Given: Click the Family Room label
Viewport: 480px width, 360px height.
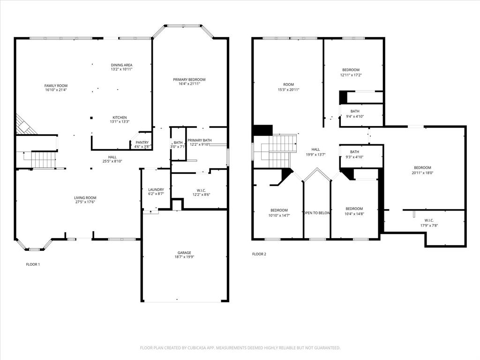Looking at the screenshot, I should pyautogui.click(x=56, y=86).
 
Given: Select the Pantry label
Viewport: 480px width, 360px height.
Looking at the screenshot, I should pyautogui.click(x=142, y=142).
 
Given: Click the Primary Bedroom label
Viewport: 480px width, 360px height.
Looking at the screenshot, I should pyautogui.click(x=189, y=80).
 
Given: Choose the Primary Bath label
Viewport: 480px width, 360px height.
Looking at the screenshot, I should pyautogui.click(x=200, y=140).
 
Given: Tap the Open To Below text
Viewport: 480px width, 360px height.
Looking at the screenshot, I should pyautogui.click(x=317, y=213).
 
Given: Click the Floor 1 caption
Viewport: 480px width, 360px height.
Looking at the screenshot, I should pyautogui.click(x=33, y=264).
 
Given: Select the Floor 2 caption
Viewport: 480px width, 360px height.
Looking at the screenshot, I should pyautogui.click(x=259, y=254).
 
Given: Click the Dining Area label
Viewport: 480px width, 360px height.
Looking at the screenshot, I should pyautogui.click(x=121, y=65).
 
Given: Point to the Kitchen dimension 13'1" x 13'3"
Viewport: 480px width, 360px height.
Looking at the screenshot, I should pyautogui.click(x=120, y=122).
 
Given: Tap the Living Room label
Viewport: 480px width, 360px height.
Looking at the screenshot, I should pyautogui.click(x=85, y=198).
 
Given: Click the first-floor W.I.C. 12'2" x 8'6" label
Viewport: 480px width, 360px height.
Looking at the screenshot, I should pyautogui.click(x=201, y=190).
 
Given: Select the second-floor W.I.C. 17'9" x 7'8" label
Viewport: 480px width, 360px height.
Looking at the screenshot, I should pyautogui.click(x=429, y=220).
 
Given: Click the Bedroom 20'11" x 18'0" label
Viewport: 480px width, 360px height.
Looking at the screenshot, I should pyautogui.click(x=422, y=168).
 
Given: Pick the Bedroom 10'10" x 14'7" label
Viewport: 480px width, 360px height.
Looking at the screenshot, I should pyautogui.click(x=279, y=210).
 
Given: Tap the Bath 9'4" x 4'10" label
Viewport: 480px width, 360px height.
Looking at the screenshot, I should pyautogui.click(x=355, y=112).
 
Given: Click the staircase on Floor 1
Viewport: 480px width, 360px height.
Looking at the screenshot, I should pyautogui.click(x=44, y=159).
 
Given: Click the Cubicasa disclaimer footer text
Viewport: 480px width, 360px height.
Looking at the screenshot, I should pyautogui.click(x=240, y=348).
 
